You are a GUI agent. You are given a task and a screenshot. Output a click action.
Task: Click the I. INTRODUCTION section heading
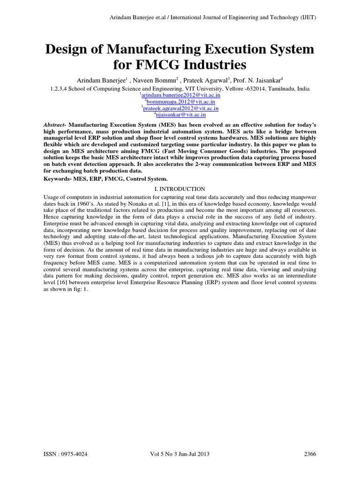180,189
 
